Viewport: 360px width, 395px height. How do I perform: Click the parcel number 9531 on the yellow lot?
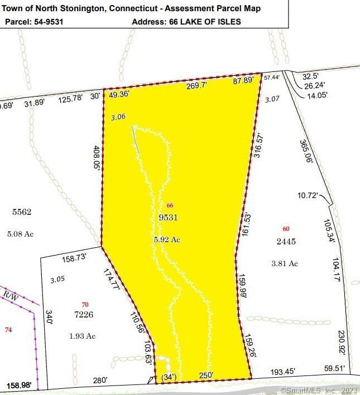168,218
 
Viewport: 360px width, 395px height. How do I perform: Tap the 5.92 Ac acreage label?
167,239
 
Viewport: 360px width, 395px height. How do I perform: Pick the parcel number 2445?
285,242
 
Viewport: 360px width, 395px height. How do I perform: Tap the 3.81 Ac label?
284,264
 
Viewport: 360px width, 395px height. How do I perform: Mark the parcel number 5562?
22,212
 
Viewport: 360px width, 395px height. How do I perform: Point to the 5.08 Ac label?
21,234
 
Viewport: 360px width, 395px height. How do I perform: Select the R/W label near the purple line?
10,295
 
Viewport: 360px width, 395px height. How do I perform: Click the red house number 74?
8,330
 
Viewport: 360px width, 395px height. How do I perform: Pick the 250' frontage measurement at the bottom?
207,377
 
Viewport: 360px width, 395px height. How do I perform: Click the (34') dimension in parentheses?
168,377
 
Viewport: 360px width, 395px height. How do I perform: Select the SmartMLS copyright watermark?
319,391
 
